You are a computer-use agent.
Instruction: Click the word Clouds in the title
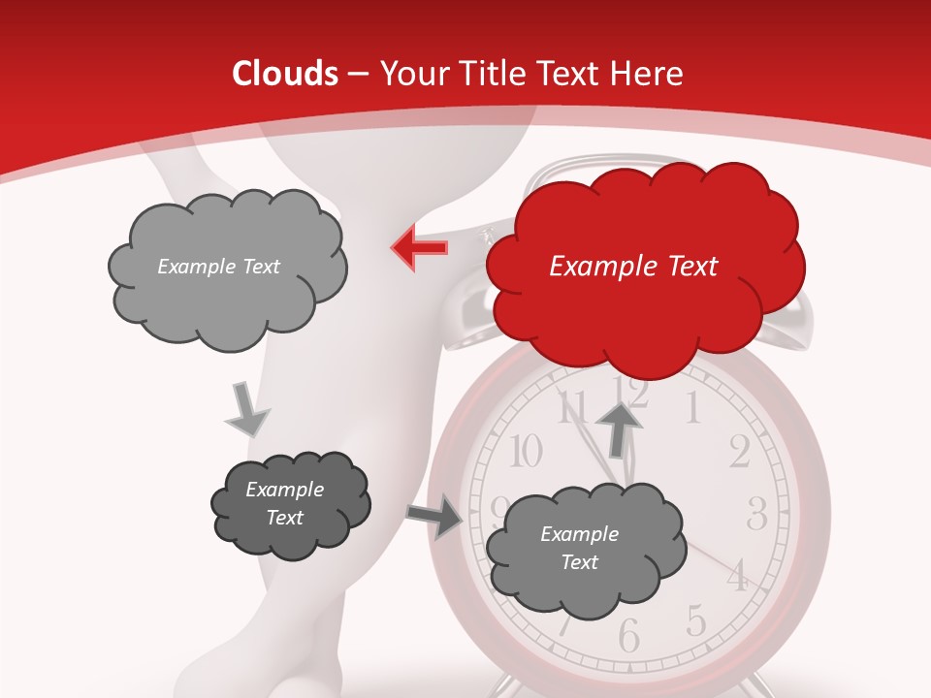point(285,74)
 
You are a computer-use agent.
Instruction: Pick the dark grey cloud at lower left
point(289,504)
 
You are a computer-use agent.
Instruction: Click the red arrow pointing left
point(420,248)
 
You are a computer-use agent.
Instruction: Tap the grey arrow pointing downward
point(247,410)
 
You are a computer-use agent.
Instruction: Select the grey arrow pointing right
point(435,517)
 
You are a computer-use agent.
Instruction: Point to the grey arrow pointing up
point(619,428)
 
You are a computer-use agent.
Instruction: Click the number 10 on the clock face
point(525,451)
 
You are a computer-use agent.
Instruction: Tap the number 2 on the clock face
point(740,452)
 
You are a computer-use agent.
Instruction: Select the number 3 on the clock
point(757,513)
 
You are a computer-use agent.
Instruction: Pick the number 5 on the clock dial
point(694,619)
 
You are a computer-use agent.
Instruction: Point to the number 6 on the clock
point(629,637)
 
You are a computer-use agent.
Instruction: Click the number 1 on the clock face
point(692,409)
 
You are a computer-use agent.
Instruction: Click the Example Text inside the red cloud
point(633,267)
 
